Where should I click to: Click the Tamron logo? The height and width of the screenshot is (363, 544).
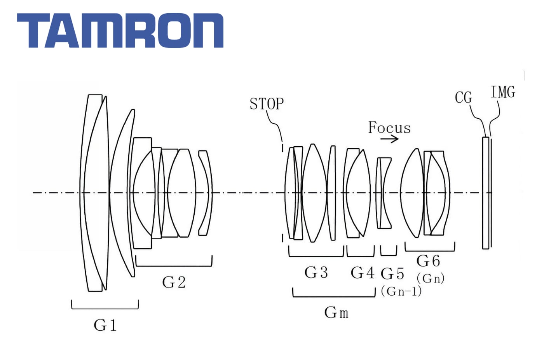coord(120,31)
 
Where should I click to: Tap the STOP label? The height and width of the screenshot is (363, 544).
coord(267,104)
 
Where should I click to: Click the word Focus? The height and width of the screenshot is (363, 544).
coord(389,128)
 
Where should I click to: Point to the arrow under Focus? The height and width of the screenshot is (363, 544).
coord(389,139)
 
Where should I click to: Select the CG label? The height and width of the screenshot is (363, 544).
coord(463,97)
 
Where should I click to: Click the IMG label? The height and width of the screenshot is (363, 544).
coord(502,93)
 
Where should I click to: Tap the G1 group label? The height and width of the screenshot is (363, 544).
coord(105,325)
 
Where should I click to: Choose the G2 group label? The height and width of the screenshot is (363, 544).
coord(174,282)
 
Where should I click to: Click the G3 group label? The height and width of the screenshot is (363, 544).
coord(316,273)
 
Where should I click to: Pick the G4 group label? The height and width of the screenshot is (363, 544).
coord(362,273)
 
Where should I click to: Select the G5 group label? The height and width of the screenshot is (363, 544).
coord(392,274)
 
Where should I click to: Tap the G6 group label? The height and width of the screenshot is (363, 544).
coord(428,261)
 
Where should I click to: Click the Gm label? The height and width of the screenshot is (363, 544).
coord(337,312)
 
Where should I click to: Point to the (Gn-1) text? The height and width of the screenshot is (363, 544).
coord(401,291)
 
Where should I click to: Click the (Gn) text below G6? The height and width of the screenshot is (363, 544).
coord(430,278)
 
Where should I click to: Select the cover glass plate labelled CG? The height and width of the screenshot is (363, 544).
coord(485,193)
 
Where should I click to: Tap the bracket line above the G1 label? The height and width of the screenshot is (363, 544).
coord(105,309)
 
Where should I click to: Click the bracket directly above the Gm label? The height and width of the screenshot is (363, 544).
coord(334,296)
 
